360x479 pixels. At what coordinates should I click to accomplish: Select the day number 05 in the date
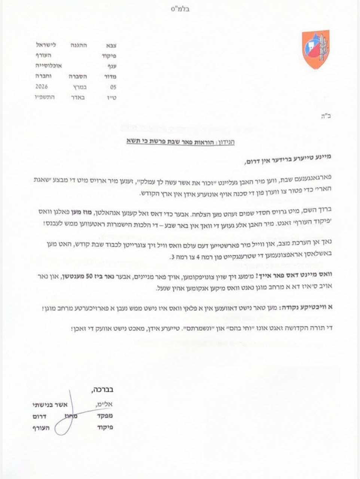click(113, 86)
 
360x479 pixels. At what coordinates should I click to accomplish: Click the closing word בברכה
click(102, 390)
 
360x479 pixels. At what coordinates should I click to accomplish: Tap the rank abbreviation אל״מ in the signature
click(106, 405)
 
